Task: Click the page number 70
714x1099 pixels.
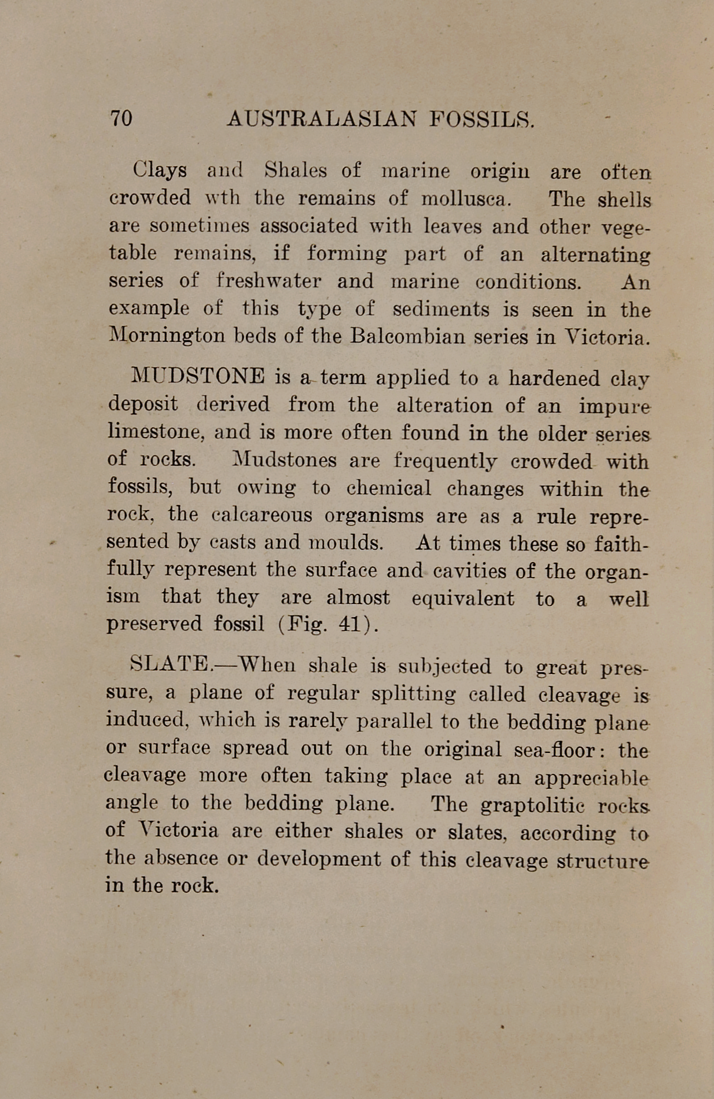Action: click(121, 118)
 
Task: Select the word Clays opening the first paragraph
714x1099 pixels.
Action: click(160, 171)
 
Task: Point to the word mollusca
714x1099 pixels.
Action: click(466, 199)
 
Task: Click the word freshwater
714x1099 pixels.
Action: click(268, 281)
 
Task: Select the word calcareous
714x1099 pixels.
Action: click(262, 514)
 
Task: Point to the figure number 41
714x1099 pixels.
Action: click(350, 624)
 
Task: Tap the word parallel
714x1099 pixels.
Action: click(393, 721)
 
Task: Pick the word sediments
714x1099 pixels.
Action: click(441, 309)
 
